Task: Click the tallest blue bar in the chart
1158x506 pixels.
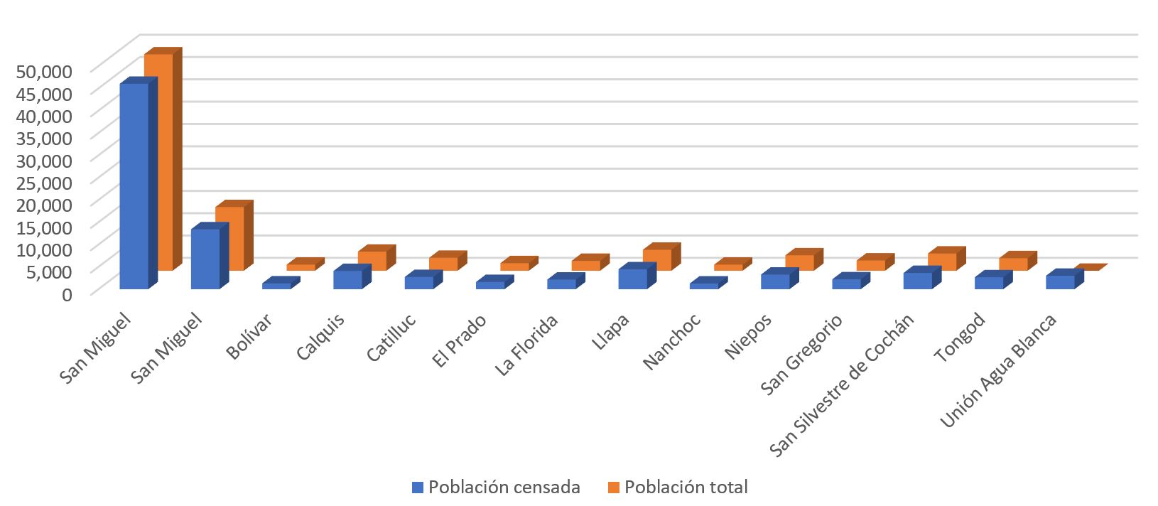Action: [134, 186]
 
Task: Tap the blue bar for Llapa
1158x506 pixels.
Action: [632, 279]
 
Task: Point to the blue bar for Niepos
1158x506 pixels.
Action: [775, 281]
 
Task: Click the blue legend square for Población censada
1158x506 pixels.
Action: [418, 488]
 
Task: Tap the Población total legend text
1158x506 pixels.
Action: [687, 488]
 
